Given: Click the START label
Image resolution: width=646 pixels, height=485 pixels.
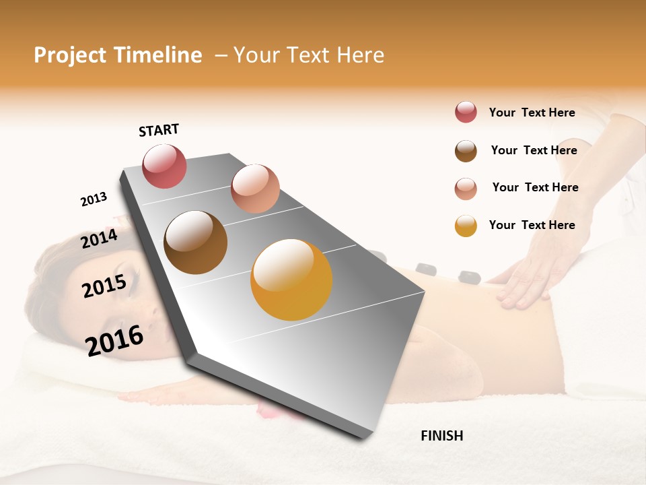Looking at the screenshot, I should tap(159, 130).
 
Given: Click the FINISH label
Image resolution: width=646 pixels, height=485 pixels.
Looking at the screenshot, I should tap(441, 436).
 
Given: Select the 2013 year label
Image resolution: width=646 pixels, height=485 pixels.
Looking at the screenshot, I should tap(94, 199).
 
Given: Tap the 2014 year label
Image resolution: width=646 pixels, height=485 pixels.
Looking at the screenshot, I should tap(99, 238).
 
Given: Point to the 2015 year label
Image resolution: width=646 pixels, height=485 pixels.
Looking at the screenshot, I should tap(104, 286).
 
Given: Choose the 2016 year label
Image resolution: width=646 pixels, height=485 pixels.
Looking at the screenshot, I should tap(114, 340).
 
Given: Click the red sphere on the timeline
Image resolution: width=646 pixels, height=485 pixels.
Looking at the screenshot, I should tap(164, 166).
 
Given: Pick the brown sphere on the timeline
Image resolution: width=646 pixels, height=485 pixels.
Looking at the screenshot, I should tap(195, 243).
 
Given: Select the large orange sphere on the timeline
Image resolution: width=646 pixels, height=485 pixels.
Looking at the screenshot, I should tap(291, 280).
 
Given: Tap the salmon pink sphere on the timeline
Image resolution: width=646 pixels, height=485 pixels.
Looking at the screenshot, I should tap(255, 189).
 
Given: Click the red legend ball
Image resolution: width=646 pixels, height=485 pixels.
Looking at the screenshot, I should tap(466, 112).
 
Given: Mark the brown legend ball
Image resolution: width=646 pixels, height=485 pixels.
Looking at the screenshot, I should tap(466, 151).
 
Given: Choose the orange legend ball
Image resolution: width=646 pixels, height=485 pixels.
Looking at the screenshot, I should tap(466, 226).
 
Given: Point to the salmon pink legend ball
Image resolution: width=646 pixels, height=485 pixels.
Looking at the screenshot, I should tap(466, 189).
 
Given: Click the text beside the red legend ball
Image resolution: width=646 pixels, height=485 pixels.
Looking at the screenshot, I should tap(532, 112).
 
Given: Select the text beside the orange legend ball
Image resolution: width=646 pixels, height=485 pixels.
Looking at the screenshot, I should tap(532, 225).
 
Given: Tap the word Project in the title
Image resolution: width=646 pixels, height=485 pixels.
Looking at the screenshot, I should tap(70, 55).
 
